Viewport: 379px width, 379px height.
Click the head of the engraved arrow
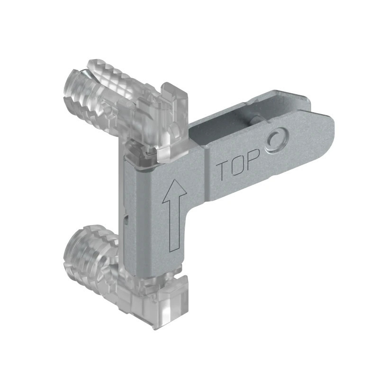174,190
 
